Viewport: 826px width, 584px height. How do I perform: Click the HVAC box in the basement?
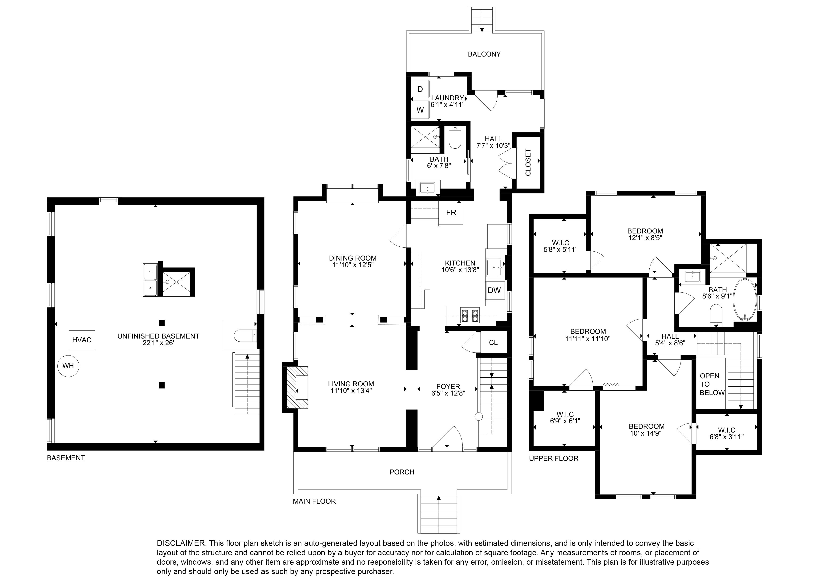(82, 340)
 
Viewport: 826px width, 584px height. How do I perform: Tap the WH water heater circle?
(68, 366)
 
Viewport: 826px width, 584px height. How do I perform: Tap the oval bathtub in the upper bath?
(745, 299)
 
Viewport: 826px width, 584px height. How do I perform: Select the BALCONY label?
(484, 54)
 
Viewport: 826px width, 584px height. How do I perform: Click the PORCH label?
(402, 472)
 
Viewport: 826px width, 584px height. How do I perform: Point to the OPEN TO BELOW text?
(712, 384)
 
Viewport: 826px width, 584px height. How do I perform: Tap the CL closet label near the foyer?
(493, 343)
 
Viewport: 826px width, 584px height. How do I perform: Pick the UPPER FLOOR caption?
(554, 458)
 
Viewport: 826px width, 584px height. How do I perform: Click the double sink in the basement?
(150, 280)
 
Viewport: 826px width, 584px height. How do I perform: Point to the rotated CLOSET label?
(528, 162)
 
